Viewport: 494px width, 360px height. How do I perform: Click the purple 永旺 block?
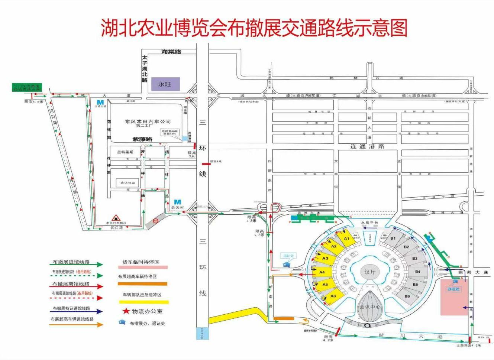(x=165, y=84)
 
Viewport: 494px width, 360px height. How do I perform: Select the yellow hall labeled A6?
(x=333, y=296)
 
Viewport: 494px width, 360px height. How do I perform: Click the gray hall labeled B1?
(x=393, y=238)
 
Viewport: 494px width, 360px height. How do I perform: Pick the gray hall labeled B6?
(x=407, y=296)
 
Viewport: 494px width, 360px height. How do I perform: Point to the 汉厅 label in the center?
(x=369, y=272)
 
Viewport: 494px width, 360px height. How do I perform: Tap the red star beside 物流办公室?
(x=126, y=311)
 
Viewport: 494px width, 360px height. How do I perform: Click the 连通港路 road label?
(x=367, y=147)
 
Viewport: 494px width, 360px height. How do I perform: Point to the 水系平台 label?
(x=369, y=223)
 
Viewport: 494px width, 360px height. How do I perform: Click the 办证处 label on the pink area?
(x=453, y=289)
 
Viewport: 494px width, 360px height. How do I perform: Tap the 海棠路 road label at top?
(x=171, y=52)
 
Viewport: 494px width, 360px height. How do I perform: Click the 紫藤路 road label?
(x=142, y=139)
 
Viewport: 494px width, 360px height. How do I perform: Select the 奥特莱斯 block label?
(x=125, y=152)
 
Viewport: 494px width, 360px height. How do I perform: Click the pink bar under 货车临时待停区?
(x=143, y=267)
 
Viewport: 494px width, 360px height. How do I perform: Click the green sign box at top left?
(x=27, y=88)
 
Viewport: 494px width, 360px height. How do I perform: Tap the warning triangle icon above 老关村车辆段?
(x=116, y=218)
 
